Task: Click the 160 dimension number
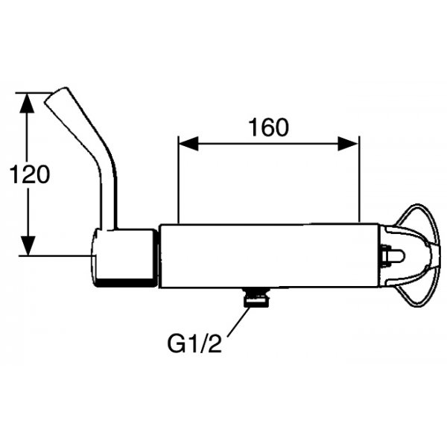[268, 127]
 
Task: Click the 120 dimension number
[30, 174]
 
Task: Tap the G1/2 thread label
[194, 343]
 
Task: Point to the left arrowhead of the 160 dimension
[188, 143]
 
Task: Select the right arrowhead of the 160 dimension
[348, 143]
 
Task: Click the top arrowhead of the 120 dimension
[28, 103]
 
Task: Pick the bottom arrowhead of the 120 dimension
[28, 246]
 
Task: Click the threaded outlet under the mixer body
[256, 297]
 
